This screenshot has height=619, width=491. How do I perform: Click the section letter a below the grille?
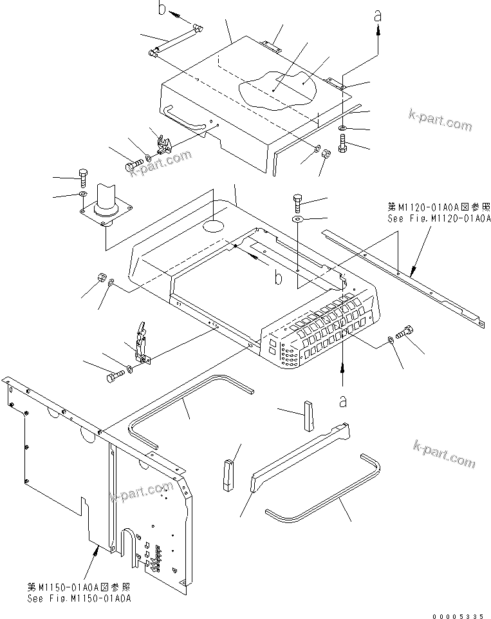pyautogui.click(x=343, y=401)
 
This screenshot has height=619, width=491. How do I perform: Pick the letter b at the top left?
pyautogui.click(x=163, y=8)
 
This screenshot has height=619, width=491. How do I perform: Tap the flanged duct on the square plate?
pyautogui.click(x=107, y=202)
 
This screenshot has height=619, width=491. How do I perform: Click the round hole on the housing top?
pyautogui.click(x=214, y=227)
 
